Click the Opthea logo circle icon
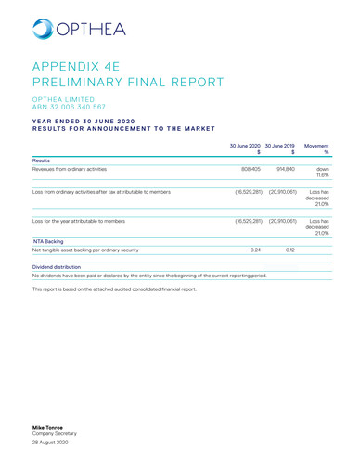(43, 29)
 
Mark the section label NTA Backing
(47, 239)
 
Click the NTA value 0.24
(256, 250)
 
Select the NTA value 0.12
(289, 250)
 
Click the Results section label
(43, 160)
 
